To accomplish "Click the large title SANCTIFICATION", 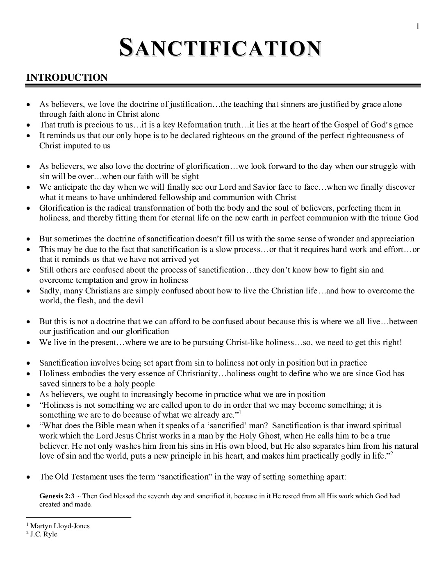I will pos(220,48).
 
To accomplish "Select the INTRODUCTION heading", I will pos(67,77).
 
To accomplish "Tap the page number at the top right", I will pos(418,27).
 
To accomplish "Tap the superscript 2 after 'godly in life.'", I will pos(391,454).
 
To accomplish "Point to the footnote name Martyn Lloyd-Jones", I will pos(60,526).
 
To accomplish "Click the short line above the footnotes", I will pos(78,517).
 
